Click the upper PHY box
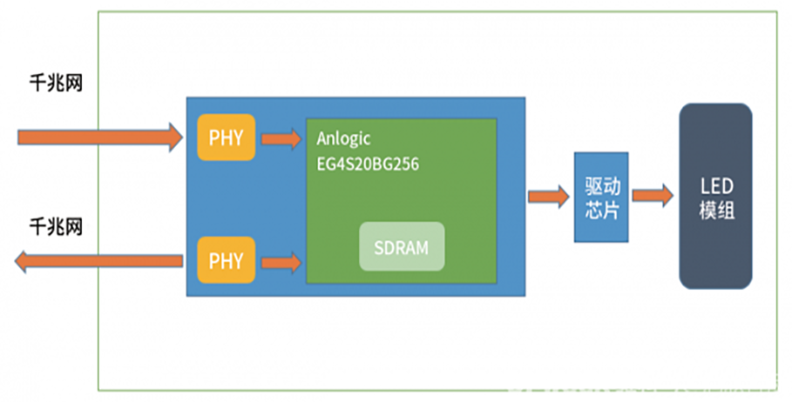point(226,137)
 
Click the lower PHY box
point(226,260)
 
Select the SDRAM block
point(402,246)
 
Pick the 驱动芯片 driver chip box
point(602,197)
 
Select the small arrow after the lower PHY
point(281,260)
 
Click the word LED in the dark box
point(716,185)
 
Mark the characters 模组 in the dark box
point(716,210)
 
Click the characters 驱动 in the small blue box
point(602,185)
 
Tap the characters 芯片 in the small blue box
point(602,209)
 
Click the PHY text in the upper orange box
point(226,137)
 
